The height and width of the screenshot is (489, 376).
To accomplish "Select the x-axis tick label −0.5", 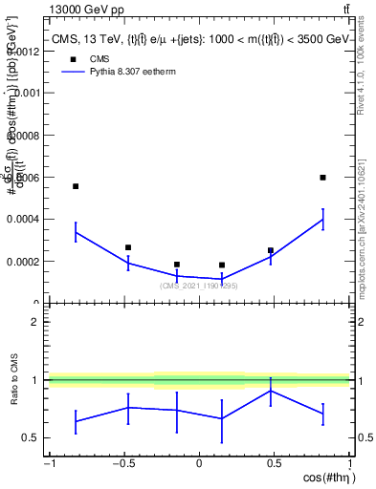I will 123,464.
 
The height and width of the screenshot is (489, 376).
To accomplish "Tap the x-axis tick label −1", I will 48,464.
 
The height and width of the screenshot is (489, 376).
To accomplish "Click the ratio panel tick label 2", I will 33,322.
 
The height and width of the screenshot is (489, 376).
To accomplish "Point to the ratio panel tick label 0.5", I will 28,438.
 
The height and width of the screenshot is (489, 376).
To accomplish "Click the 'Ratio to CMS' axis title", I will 14,380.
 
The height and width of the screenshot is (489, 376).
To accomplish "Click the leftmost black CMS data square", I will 76,186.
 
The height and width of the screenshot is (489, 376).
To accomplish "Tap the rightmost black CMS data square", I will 323,177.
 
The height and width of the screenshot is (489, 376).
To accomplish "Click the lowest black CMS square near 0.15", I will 222,266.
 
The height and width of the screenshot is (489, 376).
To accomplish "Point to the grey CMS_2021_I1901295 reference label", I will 199,286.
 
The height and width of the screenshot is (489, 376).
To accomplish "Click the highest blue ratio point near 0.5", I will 272,391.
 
